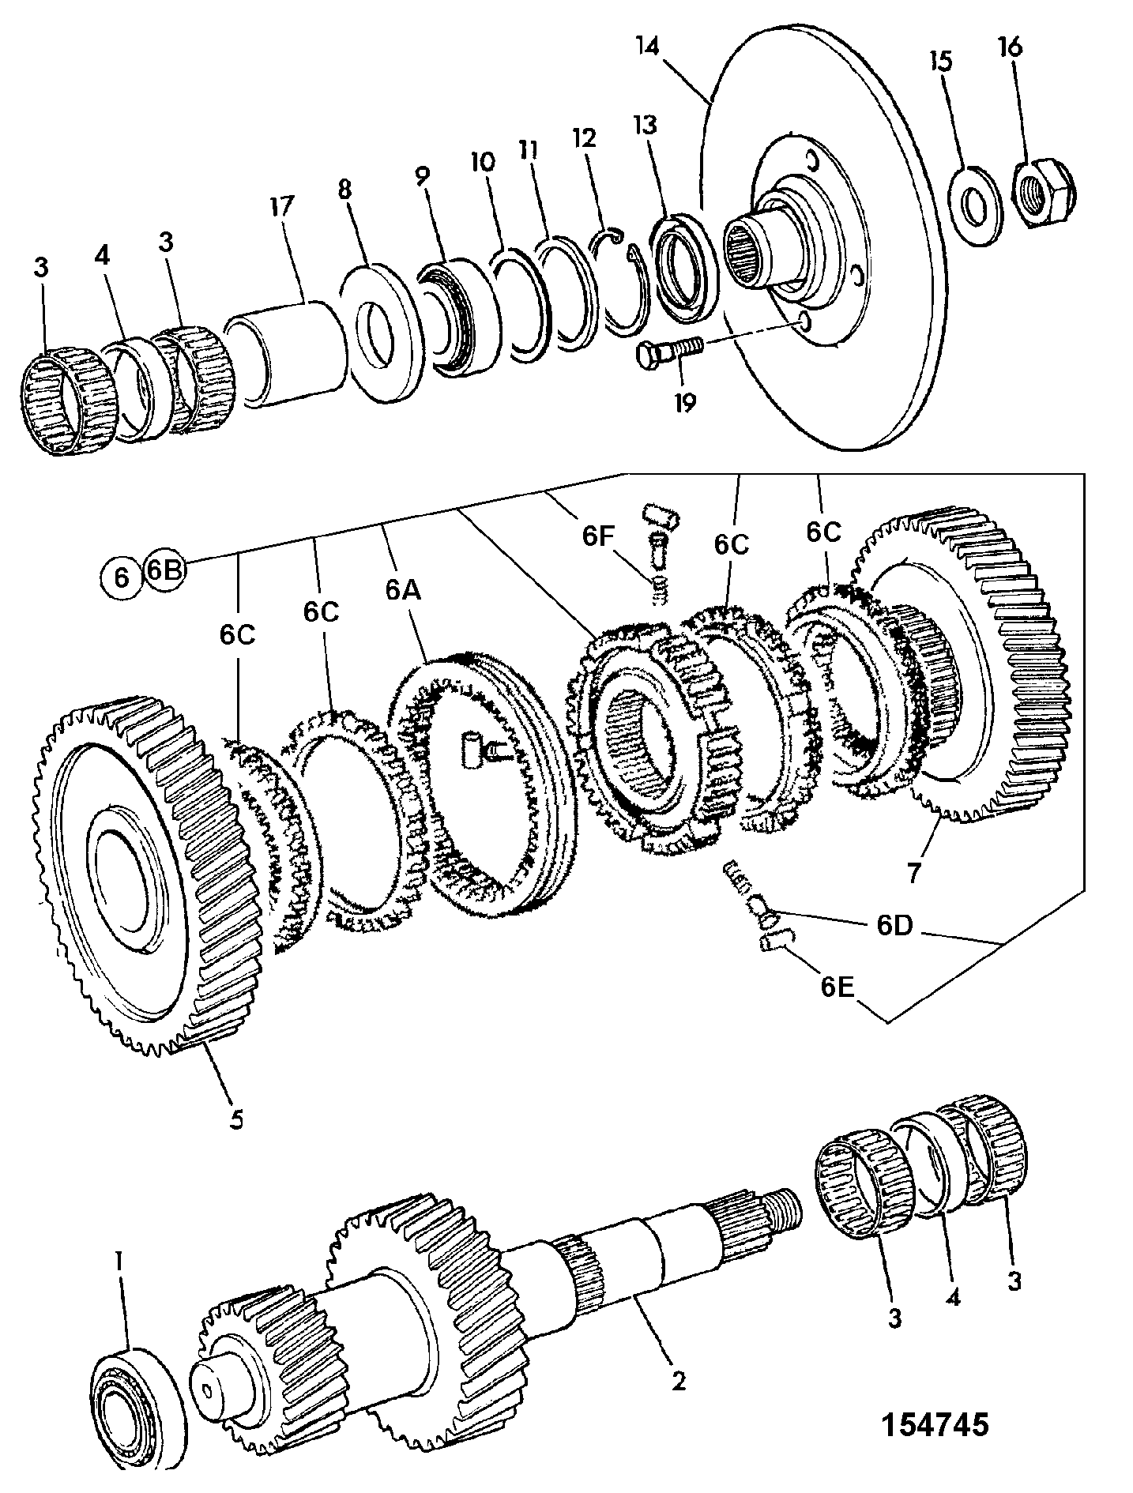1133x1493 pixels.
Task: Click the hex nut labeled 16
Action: (1040, 193)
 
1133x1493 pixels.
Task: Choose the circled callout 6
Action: (121, 578)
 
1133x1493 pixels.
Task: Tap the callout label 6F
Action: (598, 536)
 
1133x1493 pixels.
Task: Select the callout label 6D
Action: (894, 926)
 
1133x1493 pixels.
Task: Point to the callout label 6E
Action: (838, 987)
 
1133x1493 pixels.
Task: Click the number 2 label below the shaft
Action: (677, 1380)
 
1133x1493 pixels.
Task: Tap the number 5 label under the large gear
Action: (237, 1119)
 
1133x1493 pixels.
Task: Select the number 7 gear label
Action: (914, 872)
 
